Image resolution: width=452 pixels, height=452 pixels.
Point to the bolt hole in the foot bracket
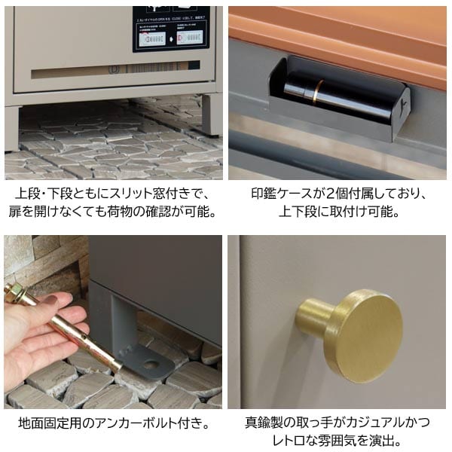[x=152, y=365]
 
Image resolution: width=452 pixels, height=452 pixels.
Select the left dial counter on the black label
[x=154, y=36]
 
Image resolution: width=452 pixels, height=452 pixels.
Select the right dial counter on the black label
[x=191, y=36]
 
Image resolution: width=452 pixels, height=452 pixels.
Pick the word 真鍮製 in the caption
[x=265, y=423]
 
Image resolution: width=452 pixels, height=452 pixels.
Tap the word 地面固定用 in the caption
[x=51, y=423]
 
